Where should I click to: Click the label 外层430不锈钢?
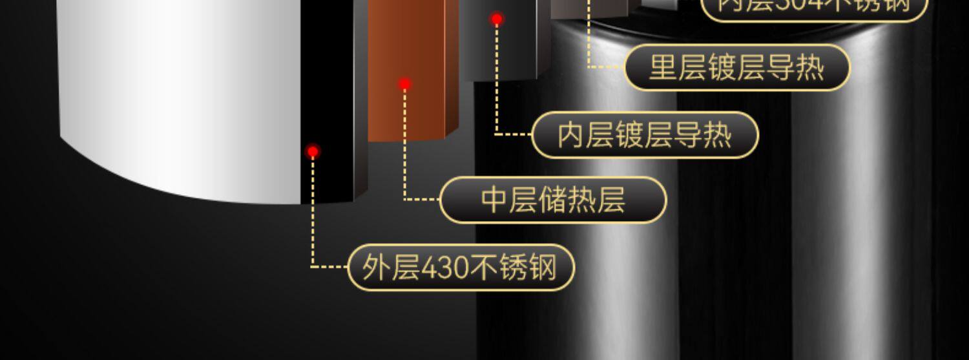pos(461,267)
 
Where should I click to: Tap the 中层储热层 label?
pos(553,200)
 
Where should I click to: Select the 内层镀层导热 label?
pos(645,135)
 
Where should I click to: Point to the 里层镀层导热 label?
pos(737,67)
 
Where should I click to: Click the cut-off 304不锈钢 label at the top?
pos(814,6)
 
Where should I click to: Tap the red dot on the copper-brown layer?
pos(405,84)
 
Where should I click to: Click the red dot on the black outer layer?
pos(313,152)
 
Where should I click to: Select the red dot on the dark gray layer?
pos(497,19)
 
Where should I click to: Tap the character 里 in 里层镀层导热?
pos(662,67)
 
